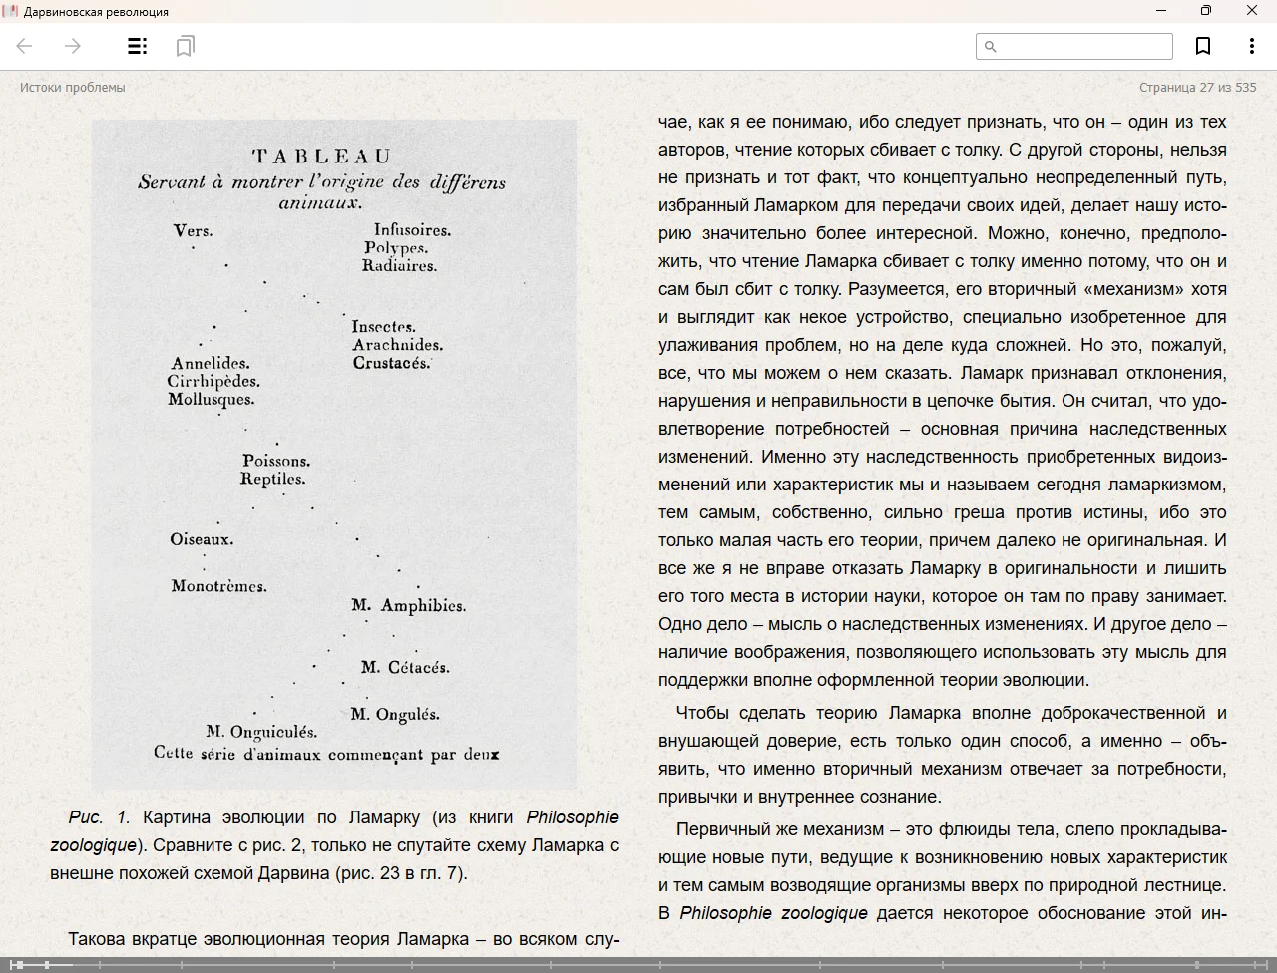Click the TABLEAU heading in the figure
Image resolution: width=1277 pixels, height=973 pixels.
click(321, 157)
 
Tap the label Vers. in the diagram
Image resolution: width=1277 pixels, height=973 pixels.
click(193, 231)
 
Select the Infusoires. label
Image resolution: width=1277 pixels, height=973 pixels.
click(412, 230)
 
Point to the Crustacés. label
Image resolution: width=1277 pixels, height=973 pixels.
click(391, 363)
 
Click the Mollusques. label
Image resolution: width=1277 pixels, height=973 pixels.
click(211, 400)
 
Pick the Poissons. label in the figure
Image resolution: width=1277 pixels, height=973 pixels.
click(276, 461)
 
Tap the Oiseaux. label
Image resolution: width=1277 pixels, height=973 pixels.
click(202, 539)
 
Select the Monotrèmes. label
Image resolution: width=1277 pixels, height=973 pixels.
click(218, 586)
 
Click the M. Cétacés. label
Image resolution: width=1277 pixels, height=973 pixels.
click(405, 667)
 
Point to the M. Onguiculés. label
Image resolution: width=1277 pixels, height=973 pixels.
click(261, 732)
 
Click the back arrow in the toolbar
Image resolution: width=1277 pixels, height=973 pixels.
click(25, 46)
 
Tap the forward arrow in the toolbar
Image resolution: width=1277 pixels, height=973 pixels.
click(72, 46)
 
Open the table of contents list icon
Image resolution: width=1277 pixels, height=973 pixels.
click(138, 46)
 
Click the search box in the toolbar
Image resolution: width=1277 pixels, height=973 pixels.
click(1073, 46)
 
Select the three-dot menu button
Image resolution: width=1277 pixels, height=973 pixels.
click(1251, 46)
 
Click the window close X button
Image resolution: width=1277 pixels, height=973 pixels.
click(1251, 11)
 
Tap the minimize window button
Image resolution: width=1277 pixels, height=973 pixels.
click(1161, 11)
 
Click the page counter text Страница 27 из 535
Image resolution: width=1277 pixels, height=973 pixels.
click(1197, 87)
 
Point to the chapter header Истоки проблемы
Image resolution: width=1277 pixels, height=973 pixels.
click(73, 87)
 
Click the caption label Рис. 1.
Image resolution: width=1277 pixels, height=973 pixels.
click(99, 817)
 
